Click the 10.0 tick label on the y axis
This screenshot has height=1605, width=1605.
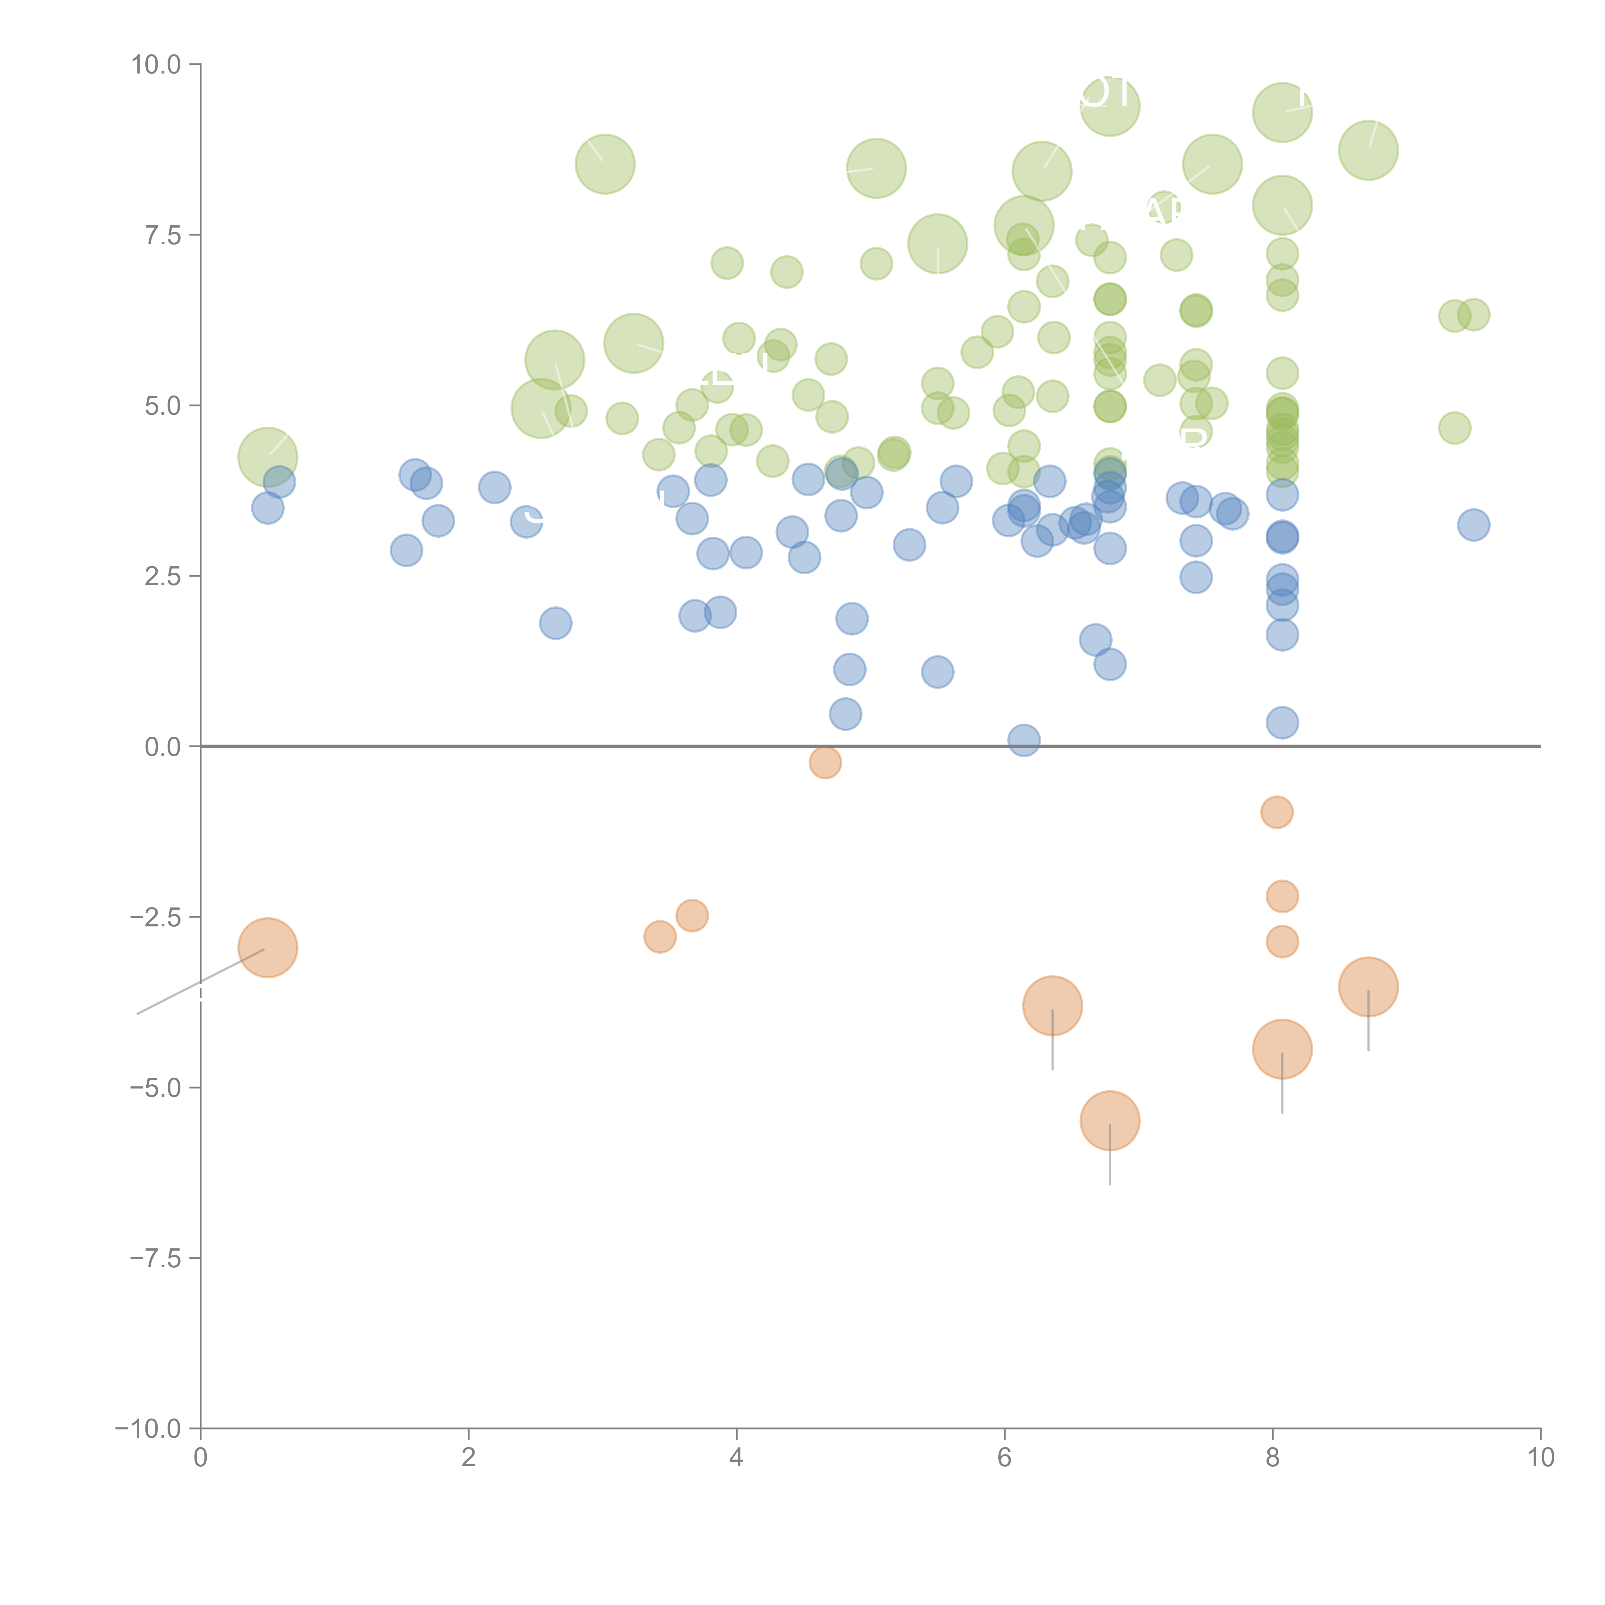tap(156, 65)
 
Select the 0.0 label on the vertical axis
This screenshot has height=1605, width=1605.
tap(163, 747)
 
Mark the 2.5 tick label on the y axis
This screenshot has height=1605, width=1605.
tap(163, 577)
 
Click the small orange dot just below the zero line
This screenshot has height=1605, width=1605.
tap(825, 762)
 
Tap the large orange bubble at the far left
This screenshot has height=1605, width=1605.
tap(267, 948)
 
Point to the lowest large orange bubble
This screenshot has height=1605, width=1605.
tap(1110, 1121)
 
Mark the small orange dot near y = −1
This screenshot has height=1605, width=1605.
tap(1277, 811)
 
